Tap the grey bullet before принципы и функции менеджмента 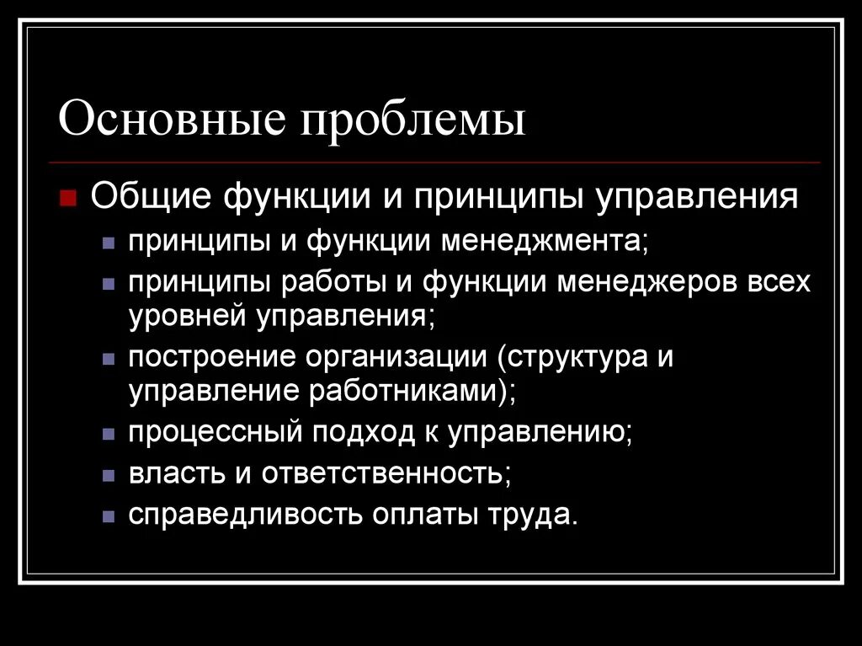108,243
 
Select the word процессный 214,433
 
